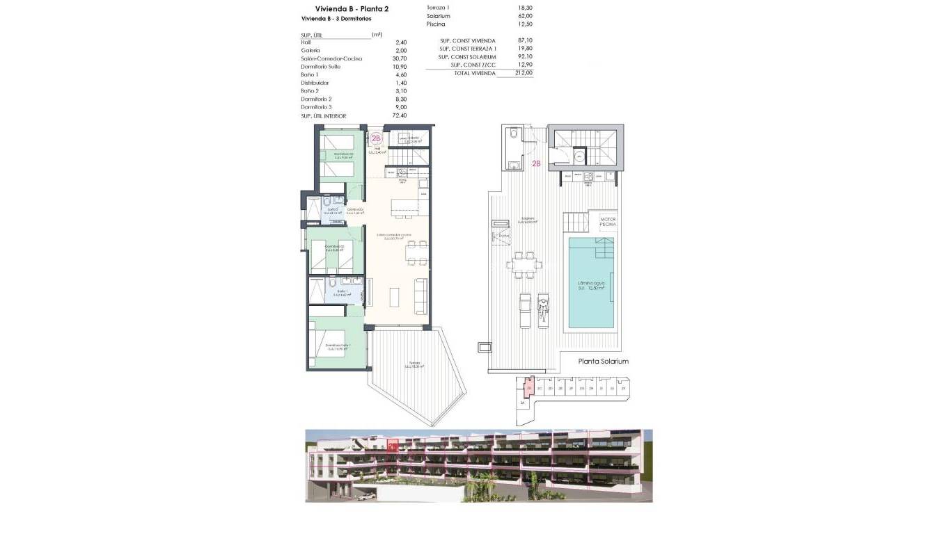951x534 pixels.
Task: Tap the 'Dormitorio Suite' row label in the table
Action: pyautogui.click(x=321, y=67)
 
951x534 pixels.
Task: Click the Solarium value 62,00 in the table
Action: pyautogui.click(x=525, y=15)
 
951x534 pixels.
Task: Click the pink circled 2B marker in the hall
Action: pyautogui.click(x=377, y=138)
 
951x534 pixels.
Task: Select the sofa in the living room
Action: pyautogui.click(x=421, y=296)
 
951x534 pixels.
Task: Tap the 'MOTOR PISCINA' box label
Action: pyautogui.click(x=608, y=222)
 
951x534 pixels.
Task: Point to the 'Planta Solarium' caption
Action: pyautogui.click(x=604, y=362)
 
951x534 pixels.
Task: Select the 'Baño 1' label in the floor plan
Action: pyautogui.click(x=342, y=292)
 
